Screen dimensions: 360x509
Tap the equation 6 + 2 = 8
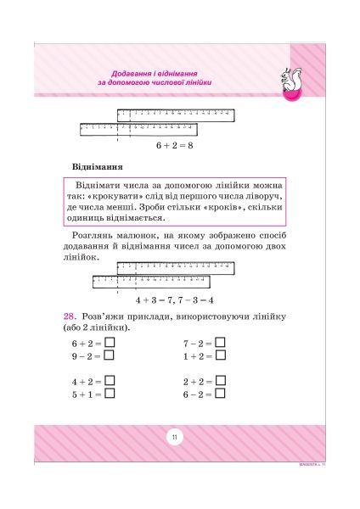[175, 146]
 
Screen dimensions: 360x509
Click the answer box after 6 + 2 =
[110, 344]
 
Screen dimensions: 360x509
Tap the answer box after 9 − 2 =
[110, 356]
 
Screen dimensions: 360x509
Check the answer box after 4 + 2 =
[110, 382]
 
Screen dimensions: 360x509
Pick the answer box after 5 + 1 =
[110, 394]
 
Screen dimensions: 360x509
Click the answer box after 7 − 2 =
[221, 344]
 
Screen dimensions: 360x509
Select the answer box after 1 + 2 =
[221, 356]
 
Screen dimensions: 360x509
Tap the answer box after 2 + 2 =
[221, 382]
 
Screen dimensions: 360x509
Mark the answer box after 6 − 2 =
[221, 394]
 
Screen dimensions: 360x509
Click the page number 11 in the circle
[174, 437]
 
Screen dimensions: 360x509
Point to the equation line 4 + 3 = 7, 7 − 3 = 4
[175, 299]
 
